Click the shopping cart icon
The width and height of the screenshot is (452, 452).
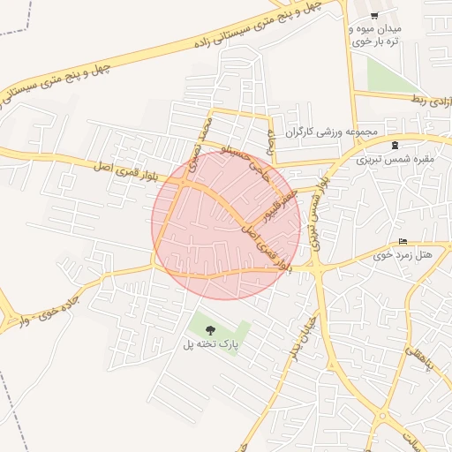click(375, 16)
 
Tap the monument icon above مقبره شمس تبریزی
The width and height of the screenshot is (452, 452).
click(394, 145)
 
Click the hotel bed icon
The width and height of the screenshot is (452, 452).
click(403, 242)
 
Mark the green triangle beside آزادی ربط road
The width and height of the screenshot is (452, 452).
click(383, 78)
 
